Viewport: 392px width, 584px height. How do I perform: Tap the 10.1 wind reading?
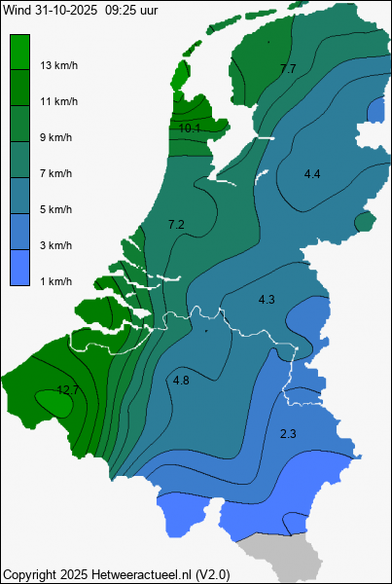[191, 128]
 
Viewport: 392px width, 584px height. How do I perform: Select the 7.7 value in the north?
[288, 69]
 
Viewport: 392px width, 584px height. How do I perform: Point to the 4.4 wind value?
[312, 174]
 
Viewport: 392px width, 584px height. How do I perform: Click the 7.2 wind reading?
[176, 225]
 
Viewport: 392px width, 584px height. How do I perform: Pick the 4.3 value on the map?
[267, 299]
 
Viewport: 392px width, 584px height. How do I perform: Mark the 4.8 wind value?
[181, 381]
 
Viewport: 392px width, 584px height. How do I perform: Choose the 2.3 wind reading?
[288, 433]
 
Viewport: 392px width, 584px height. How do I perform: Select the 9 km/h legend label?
[56, 137]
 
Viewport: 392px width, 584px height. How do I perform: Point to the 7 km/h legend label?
[56, 173]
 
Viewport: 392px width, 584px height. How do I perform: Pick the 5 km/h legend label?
[56, 209]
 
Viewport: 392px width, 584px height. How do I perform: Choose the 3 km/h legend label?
[56, 245]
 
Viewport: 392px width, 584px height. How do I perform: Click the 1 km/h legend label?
[56, 281]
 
